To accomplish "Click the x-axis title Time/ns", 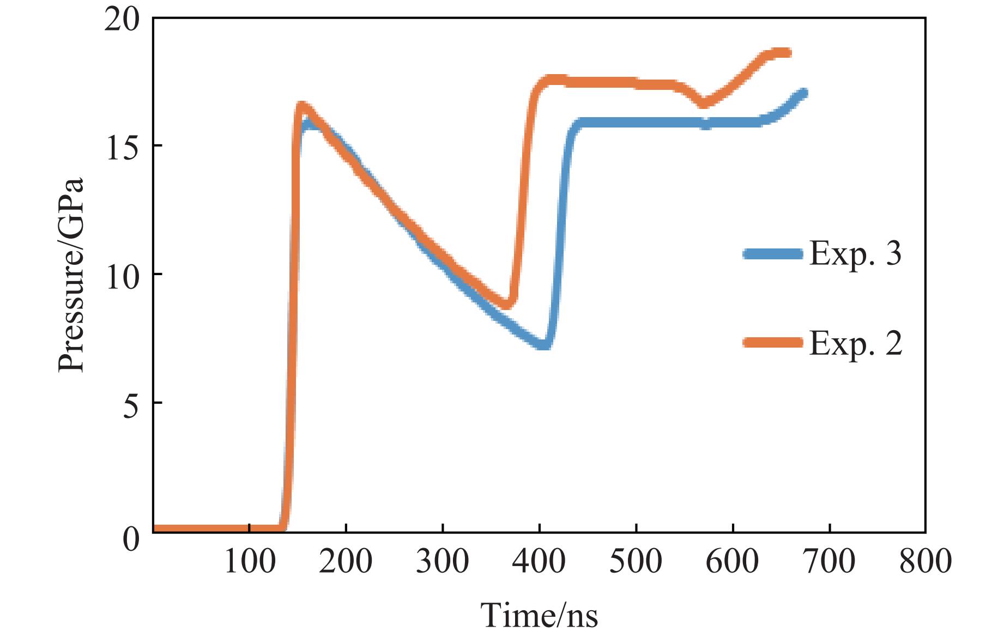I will [539, 615].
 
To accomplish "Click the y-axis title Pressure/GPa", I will [71, 275].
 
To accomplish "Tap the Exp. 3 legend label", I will [855, 253].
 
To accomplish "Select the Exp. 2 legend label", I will [855, 343].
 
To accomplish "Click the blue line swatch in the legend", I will [772, 254].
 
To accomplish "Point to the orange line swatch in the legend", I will [772, 342].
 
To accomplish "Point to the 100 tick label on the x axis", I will [249, 561].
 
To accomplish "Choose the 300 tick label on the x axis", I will [442, 561].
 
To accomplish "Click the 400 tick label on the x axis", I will [539, 561].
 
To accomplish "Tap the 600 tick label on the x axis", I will [732, 561].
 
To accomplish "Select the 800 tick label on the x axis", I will [925, 561].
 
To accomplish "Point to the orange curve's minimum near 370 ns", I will [507, 305].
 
